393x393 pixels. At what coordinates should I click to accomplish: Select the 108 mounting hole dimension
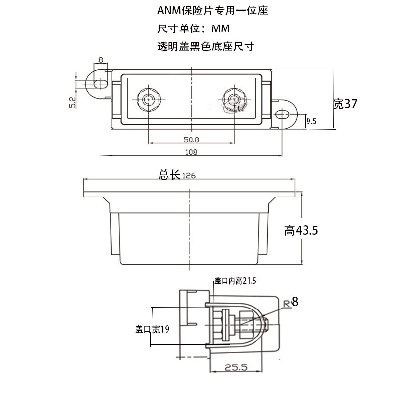click(x=191, y=152)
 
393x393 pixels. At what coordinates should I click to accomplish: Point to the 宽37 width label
click(x=344, y=104)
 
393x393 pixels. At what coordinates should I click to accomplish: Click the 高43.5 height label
click(x=301, y=230)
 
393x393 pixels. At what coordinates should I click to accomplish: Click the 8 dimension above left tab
click(x=101, y=60)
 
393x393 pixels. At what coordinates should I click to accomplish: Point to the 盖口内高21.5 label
click(x=235, y=281)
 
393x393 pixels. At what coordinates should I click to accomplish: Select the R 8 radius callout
click(x=291, y=302)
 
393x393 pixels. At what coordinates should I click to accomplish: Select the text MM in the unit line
click(x=221, y=28)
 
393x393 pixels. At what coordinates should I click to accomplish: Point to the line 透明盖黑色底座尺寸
click(x=205, y=47)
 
